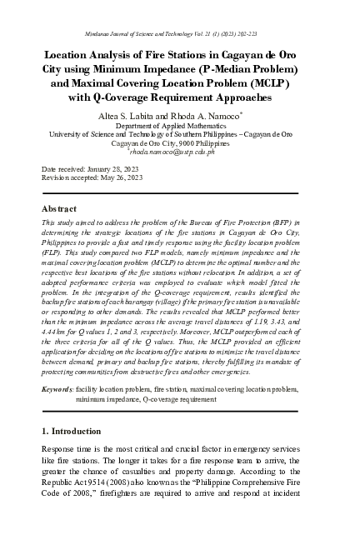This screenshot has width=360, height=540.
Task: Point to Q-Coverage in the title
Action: [141, 97]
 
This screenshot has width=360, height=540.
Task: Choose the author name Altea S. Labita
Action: [137, 115]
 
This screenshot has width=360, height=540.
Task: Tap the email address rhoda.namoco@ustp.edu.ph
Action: [180, 152]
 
